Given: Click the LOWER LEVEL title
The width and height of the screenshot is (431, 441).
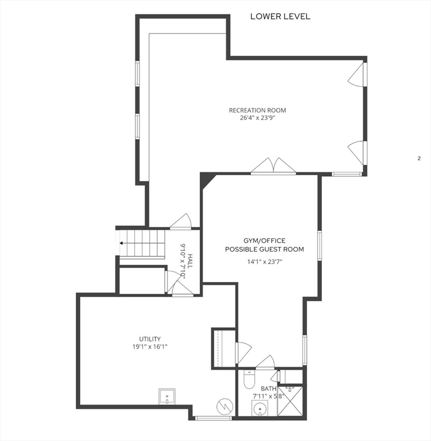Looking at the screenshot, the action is [x=280, y=16].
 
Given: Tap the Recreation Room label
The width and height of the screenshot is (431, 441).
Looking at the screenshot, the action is [x=257, y=110].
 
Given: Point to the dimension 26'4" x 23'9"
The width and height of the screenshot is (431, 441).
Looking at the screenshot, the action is [x=257, y=118].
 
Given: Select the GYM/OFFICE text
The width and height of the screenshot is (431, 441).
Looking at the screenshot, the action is [x=264, y=241].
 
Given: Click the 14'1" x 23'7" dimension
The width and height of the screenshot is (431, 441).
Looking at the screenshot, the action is [x=265, y=262].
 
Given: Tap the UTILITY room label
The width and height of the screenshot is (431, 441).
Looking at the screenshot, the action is [x=150, y=339].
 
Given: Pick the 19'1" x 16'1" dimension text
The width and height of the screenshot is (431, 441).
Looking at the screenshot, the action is [x=150, y=347].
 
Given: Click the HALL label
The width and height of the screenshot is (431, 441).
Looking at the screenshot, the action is [x=191, y=261].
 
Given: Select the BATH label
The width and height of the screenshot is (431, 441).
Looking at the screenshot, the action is [x=269, y=389].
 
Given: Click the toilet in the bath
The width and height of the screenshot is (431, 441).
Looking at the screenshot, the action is [x=249, y=380].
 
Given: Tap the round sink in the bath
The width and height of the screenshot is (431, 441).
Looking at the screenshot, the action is [x=260, y=408].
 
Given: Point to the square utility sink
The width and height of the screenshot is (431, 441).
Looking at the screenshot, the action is [x=167, y=397].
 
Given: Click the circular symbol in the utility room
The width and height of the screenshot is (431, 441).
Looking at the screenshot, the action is [x=224, y=406].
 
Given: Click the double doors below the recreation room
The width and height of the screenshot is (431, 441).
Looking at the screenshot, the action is [x=273, y=166].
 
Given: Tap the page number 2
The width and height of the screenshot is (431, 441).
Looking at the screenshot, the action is [x=419, y=158].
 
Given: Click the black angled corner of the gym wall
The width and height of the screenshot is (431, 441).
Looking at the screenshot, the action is [x=206, y=179].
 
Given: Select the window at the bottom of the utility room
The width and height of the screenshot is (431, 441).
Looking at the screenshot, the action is [x=213, y=418].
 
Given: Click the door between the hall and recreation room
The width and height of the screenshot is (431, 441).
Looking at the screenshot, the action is [x=181, y=220].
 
